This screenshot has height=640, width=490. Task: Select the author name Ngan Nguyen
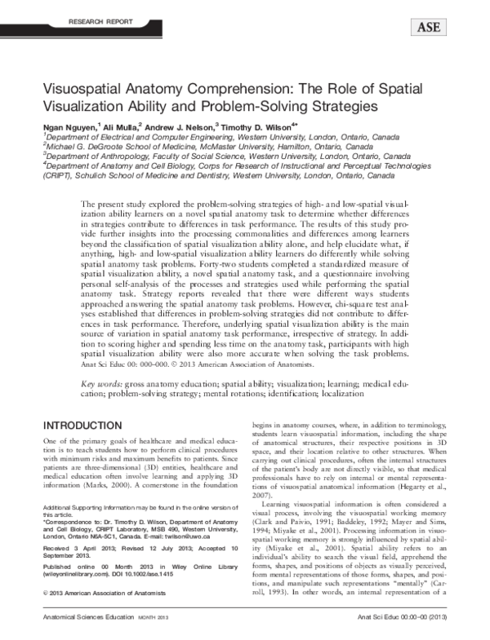[x=69, y=127]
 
